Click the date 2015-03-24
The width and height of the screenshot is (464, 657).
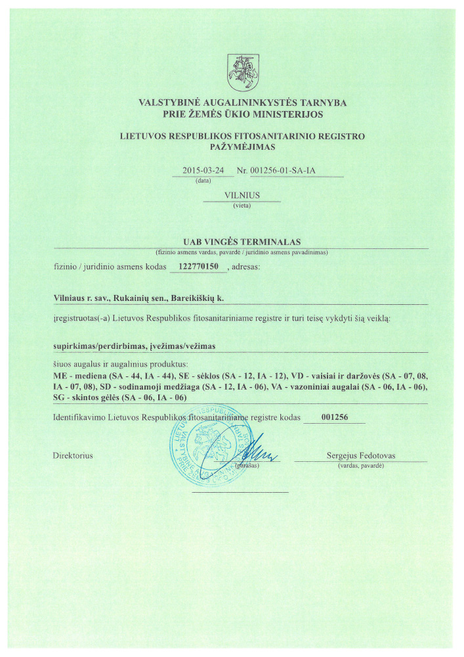[x=202, y=171]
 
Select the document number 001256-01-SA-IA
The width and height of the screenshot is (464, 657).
[x=289, y=171]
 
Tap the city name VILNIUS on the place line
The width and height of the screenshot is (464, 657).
[x=242, y=195]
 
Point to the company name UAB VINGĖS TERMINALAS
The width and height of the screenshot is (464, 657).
[x=242, y=243]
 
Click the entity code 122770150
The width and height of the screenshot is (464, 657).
[x=198, y=267]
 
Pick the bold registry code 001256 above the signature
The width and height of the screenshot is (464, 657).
[x=335, y=417]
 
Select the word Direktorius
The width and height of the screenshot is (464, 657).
[x=72, y=456]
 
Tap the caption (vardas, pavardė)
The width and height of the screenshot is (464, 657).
[x=360, y=466]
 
